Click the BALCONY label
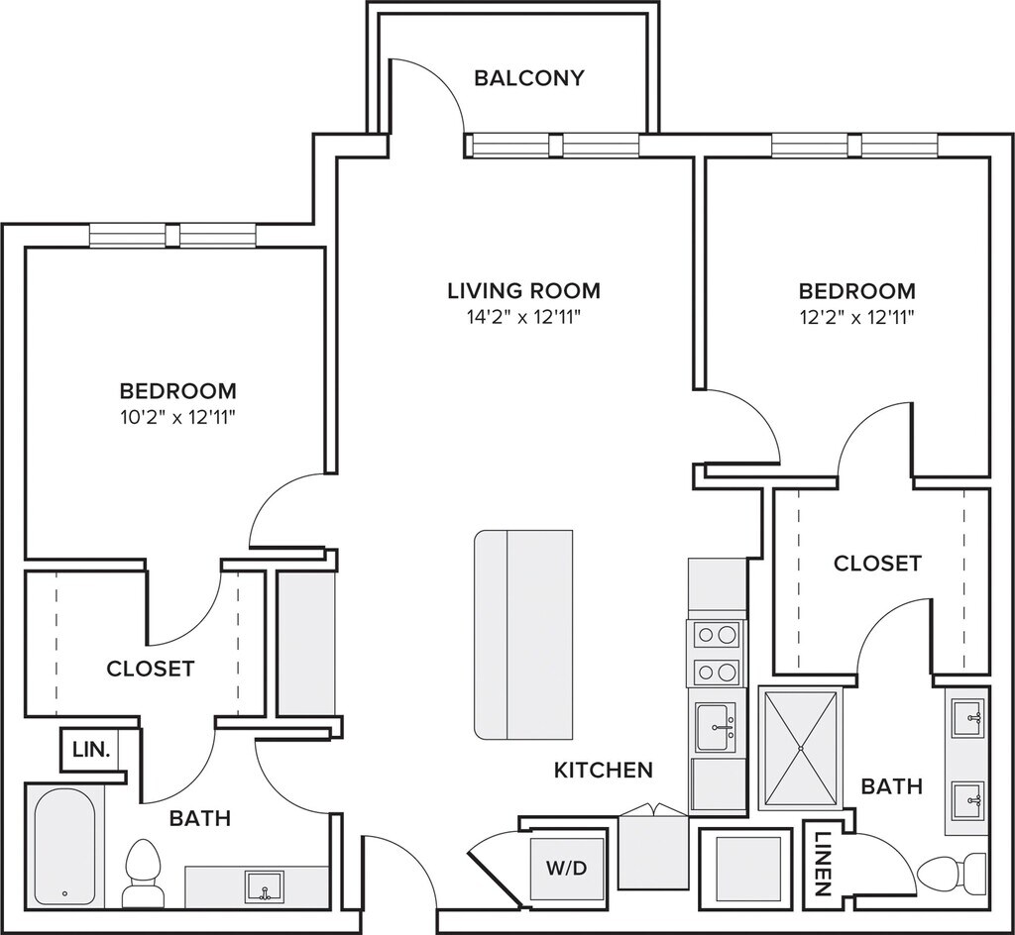click(529, 78)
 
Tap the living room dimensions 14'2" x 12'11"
click(523, 318)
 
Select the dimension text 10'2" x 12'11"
click(177, 418)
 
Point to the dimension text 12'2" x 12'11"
click(856, 318)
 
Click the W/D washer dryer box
click(568, 868)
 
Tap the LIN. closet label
click(91, 750)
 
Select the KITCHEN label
click(604, 771)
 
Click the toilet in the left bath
click(141, 873)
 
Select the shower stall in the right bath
click(801, 748)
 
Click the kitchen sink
click(716, 727)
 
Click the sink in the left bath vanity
click(264, 885)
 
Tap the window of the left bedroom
click(172, 235)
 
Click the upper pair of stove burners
click(717, 634)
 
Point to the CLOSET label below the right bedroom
click(877, 564)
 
